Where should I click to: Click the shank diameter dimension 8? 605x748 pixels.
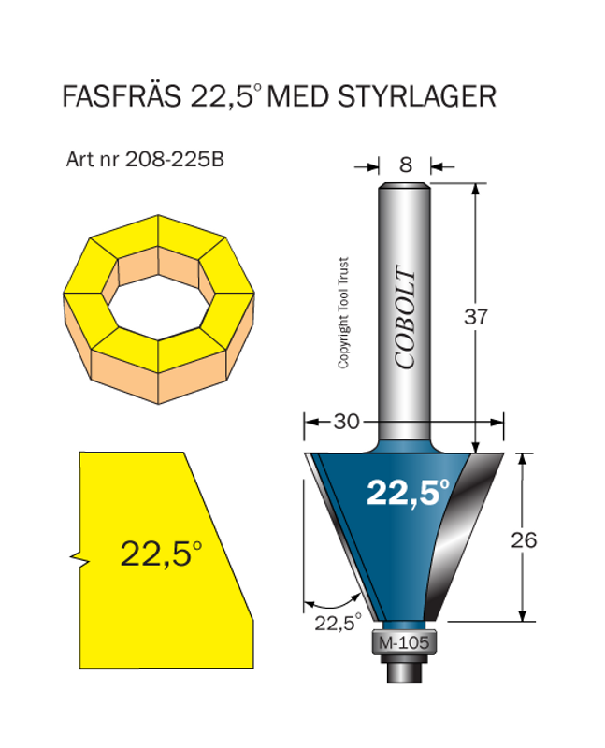(x=405, y=165)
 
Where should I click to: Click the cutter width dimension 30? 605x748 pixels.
(x=346, y=422)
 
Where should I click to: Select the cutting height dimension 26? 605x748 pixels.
(x=525, y=539)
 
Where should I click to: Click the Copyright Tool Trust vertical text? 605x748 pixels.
(x=343, y=313)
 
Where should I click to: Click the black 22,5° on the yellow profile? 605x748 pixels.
(x=160, y=554)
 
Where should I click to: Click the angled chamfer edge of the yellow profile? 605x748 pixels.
(x=219, y=533)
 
